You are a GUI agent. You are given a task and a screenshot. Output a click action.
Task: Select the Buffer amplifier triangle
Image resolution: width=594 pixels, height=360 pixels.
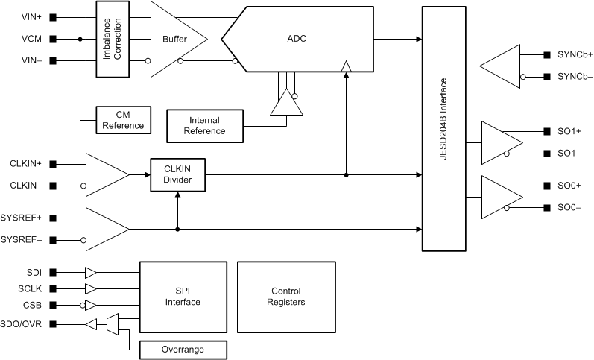pos(174,39)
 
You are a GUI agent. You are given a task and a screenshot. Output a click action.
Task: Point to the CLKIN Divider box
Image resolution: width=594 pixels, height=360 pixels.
pos(177,174)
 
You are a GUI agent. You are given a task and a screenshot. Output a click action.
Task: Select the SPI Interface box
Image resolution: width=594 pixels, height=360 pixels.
pos(183,297)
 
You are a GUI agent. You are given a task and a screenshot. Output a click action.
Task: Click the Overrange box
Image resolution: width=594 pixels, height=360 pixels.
pos(183,349)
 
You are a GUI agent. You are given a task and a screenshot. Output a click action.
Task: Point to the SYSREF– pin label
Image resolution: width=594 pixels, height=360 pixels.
pos(21,239)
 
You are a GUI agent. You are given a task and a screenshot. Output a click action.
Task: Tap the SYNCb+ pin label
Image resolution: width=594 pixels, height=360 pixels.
pos(575,54)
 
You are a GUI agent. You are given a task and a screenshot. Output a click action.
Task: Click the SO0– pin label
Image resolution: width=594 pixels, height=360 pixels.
pos(569,207)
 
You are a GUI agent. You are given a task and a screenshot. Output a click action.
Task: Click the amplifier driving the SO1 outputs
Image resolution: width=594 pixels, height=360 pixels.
pos(500,142)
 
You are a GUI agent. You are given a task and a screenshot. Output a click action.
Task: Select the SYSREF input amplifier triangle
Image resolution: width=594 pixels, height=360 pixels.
pos(105,229)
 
